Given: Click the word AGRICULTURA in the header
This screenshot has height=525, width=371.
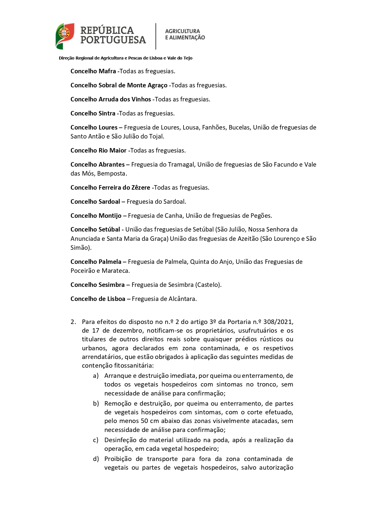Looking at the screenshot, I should coord(182,31).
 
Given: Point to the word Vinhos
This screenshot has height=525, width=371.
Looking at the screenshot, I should coord(141,99).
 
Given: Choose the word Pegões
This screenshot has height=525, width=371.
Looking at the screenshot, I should coord(261,216).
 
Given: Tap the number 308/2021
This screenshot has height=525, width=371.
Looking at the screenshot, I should coord(278,322).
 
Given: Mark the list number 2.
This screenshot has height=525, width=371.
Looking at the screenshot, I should coord(73,322).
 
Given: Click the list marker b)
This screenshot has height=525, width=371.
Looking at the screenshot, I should coord(96,404).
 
